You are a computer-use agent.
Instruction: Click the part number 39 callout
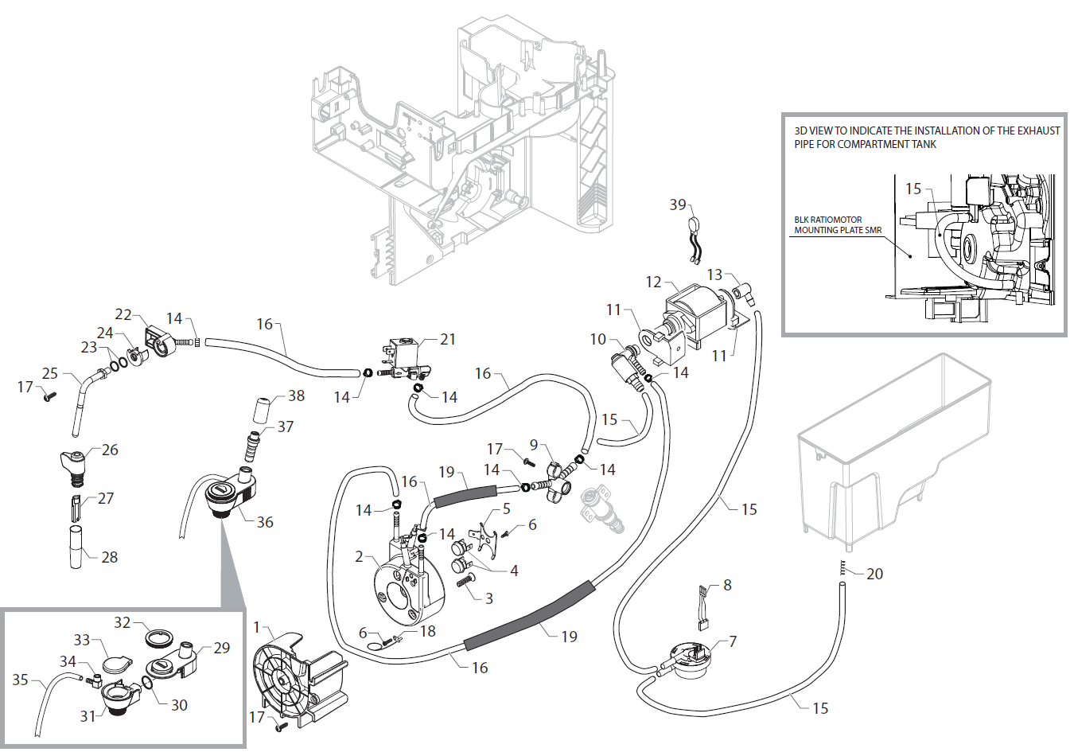click(677, 205)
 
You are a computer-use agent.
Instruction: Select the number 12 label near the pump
click(653, 282)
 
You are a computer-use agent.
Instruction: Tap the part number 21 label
click(448, 339)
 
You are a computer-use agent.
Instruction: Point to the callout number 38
click(296, 395)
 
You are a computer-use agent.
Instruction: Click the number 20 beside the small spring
click(874, 574)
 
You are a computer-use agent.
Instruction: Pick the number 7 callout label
click(732, 641)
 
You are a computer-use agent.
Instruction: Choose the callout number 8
click(726, 585)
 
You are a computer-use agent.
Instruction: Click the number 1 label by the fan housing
click(257, 627)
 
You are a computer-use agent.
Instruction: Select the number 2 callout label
click(360, 556)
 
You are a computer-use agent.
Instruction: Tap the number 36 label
click(265, 522)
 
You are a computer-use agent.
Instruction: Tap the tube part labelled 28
click(76, 547)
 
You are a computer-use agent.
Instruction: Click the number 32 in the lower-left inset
click(122, 622)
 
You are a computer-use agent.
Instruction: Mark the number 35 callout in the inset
click(20, 680)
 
